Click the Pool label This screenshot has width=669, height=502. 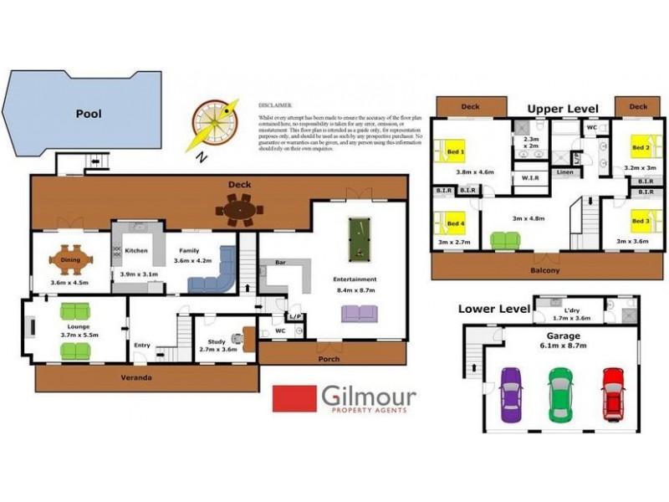click(x=89, y=113)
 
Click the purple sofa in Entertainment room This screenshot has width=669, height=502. click(x=359, y=313)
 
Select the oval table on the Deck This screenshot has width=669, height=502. click(x=239, y=210)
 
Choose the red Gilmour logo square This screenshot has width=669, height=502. click(x=294, y=398)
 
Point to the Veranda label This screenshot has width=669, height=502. click(x=137, y=377)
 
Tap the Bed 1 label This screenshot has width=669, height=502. click(x=456, y=151)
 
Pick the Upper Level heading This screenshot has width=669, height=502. click(x=563, y=109)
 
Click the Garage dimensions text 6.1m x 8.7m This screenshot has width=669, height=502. click(x=562, y=345)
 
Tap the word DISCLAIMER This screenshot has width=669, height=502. click(x=275, y=106)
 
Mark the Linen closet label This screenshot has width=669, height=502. click(x=564, y=172)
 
